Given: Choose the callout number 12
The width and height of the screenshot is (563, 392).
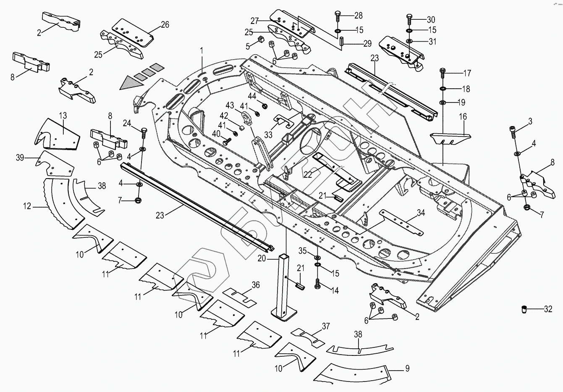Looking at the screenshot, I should coord(27,206).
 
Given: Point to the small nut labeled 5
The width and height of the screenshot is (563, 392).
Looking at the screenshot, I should coord(260,40).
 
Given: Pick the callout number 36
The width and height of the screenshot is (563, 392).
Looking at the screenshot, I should coord(256,285).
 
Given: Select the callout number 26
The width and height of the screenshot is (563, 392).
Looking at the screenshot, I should coord(165,25).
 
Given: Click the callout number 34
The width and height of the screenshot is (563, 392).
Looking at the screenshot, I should coord(421,213).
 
